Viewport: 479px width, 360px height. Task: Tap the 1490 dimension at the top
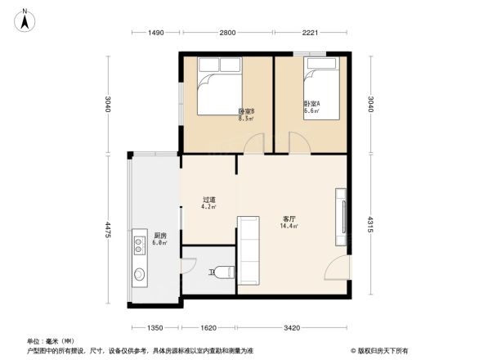pos(156,32)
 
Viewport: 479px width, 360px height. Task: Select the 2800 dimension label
pos(227,32)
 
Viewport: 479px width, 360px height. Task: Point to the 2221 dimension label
pos(309,32)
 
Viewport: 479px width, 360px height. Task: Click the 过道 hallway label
pos(208,200)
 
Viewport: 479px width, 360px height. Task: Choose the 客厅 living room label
pos(289,219)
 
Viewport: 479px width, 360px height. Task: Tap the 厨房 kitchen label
pos(160,236)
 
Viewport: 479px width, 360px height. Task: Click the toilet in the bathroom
pos(224,272)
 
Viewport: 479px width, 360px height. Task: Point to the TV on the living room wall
pos(341,217)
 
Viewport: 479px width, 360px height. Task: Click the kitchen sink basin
pos(138,273)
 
